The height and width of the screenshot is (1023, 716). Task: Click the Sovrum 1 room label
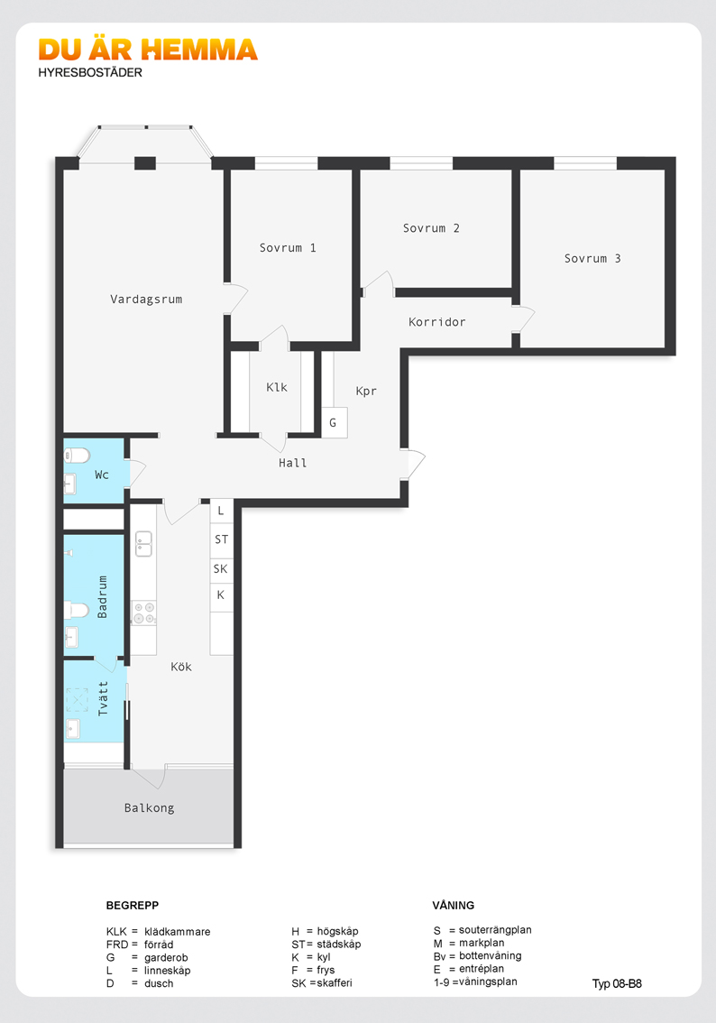(288, 248)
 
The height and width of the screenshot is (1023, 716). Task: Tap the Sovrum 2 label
(431, 228)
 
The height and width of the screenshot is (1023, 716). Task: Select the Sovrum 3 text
(592, 258)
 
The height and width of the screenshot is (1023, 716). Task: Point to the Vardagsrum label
(146, 300)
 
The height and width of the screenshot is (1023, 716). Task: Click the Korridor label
(436, 322)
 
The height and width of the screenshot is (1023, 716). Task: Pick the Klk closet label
(277, 388)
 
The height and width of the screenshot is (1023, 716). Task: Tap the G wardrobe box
(334, 423)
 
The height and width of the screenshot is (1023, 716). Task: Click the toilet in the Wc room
(78, 455)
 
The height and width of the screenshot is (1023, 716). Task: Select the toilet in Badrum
(77, 610)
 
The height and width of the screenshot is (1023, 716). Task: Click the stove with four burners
(143, 613)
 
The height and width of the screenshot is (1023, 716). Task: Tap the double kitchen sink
(143, 544)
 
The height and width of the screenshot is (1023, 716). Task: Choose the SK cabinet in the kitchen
(221, 569)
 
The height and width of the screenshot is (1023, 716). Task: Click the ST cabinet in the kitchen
(221, 539)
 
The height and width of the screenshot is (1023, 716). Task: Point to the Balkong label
(150, 808)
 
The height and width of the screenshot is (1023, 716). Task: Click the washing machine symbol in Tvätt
(77, 700)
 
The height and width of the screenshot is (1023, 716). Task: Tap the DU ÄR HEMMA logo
(148, 50)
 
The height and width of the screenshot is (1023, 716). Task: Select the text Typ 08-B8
(617, 984)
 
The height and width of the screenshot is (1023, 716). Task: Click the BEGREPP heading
(133, 906)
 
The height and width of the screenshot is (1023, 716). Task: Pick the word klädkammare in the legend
(178, 932)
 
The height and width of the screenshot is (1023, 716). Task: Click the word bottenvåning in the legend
(491, 956)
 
